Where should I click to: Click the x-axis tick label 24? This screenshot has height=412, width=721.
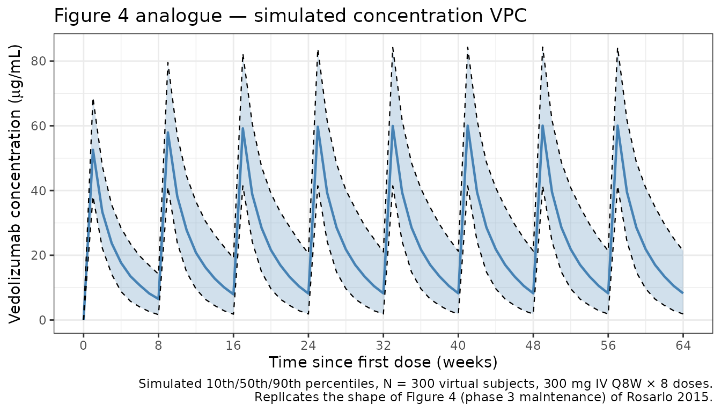(x=308, y=346)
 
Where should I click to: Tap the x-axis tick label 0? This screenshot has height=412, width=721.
(x=83, y=346)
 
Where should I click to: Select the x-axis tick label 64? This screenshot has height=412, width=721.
(x=683, y=346)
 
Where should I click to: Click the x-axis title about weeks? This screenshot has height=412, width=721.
(x=383, y=362)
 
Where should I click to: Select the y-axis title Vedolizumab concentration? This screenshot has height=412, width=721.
(x=16, y=184)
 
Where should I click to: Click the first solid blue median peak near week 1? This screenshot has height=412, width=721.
(x=93, y=150)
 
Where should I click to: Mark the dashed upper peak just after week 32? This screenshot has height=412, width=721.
(x=393, y=47)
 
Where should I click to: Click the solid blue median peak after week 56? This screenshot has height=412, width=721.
(x=617, y=126)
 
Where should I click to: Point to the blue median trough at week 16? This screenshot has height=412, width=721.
(x=233, y=295)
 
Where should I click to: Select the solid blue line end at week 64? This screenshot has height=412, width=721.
(x=683, y=293)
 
